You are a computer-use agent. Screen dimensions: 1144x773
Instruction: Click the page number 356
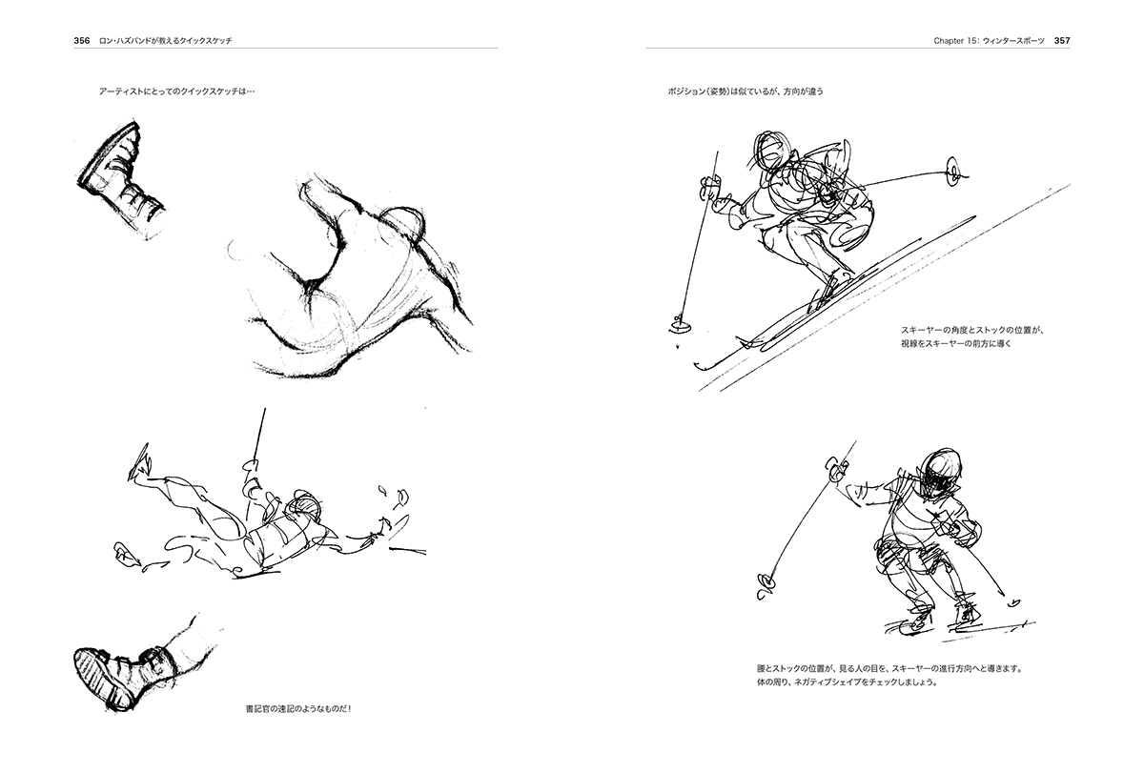click(82, 41)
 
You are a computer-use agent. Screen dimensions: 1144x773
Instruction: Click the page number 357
click(1062, 41)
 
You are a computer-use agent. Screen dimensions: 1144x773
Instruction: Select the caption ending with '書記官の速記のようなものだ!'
click(298, 709)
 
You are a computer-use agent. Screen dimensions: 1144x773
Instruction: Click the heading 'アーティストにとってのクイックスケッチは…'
click(176, 92)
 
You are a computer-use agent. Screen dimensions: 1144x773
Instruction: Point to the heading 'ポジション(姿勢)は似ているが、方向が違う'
click(746, 92)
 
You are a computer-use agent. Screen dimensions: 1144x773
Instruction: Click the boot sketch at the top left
click(120, 178)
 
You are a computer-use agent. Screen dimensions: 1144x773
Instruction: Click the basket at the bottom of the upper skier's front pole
click(678, 325)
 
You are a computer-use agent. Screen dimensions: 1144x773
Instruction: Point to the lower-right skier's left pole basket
click(764, 586)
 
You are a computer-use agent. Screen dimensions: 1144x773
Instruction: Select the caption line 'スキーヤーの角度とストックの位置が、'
click(973, 331)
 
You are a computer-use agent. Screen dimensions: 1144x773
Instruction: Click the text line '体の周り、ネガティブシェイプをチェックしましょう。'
click(848, 682)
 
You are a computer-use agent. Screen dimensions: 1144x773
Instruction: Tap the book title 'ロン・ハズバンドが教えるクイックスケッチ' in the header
click(166, 41)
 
